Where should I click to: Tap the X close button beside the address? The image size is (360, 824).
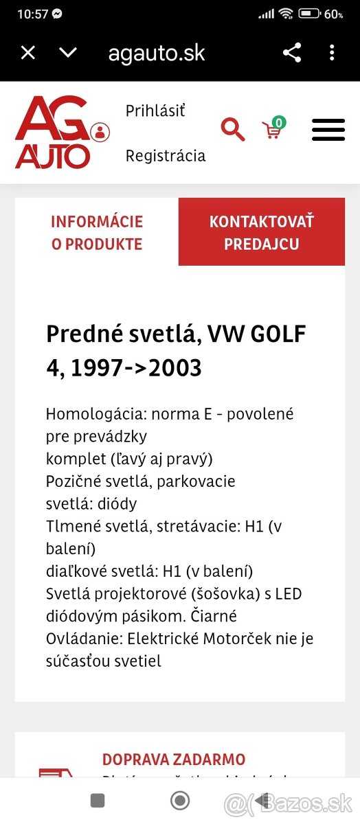click(x=27, y=53)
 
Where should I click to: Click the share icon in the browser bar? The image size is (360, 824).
click(x=292, y=53)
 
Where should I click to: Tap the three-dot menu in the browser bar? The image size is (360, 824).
click(x=332, y=53)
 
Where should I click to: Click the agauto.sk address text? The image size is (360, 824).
click(x=157, y=53)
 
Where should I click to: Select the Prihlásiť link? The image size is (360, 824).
click(x=155, y=111)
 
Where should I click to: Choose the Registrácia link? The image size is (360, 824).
click(x=165, y=156)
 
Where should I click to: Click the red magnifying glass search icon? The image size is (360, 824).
click(x=232, y=129)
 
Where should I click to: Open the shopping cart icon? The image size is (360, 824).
click(x=273, y=128)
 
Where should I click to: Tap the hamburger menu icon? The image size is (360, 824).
click(x=328, y=130)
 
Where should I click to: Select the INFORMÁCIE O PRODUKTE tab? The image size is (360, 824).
click(x=97, y=232)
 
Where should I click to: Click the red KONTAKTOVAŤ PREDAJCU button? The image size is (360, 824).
click(x=261, y=232)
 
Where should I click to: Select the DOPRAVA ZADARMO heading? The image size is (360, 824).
click(x=174, y=759)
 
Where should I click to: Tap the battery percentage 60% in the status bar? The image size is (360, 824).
click(x=334, y=14)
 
